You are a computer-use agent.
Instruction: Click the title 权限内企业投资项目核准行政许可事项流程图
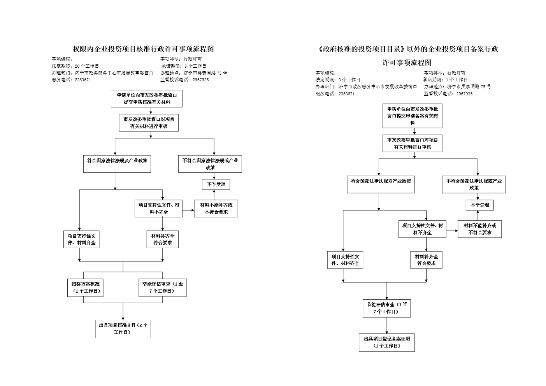tap(144, 49)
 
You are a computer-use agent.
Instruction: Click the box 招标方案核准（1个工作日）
tap(85, 288)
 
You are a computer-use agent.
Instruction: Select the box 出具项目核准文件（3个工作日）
tap(123, 329)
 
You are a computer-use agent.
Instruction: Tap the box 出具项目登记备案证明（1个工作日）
tap(386, 342)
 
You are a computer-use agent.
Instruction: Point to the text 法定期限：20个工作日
tap(75, 66)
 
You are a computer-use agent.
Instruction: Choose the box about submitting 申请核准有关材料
tap(147, 99)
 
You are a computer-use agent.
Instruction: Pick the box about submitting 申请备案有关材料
tap(412, 116)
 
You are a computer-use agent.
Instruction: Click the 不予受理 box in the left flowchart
tap(216, 184)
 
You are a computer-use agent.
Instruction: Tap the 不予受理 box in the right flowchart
tap(479, 205)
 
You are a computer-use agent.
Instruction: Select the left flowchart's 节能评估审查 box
tap(162, 288)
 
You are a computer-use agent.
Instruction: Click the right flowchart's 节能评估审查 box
tap(386, 308)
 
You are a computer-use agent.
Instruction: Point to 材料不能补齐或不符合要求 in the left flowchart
tap(216, 209)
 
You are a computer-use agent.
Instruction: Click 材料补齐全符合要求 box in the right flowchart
tap(426, 260)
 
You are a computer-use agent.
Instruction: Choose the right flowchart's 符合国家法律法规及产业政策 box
tap(381, 184)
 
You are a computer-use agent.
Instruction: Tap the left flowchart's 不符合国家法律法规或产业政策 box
tap(210, 164)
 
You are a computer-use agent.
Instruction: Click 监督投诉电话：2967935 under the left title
tap(184, 80)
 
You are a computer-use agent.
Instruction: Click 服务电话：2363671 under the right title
tap(335, 94)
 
